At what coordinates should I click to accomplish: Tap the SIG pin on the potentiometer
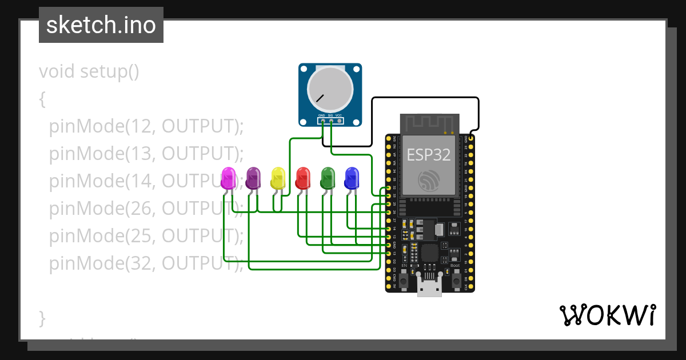tap(330, 121)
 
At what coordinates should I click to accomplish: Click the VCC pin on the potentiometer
tap(339, 121)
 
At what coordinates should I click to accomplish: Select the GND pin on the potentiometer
tap(322, 121)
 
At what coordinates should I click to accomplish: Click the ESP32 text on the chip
tap(428, 154)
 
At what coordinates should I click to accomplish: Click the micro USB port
tap(429, 289)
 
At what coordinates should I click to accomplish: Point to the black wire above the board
tap(426, 98)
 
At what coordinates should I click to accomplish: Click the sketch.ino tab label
tap(101, 25)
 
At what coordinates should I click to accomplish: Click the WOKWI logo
tap(607, 315)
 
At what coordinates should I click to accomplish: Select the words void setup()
tap(89, 72)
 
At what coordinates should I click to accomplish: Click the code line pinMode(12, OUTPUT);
tap(146, 126)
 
